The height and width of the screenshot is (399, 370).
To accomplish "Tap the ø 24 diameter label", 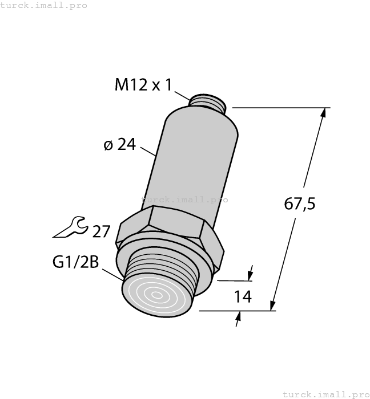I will click(119, 145).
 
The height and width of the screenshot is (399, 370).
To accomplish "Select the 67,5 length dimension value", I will click(300, 203).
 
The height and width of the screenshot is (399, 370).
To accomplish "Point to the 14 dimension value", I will click(243, 297).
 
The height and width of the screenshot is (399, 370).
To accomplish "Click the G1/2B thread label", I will click(75, 263).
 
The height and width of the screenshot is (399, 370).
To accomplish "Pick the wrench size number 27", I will click(101, 231).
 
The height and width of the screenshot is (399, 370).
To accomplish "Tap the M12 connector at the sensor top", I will click(208, 103).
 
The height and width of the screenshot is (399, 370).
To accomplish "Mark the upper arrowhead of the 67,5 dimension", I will click(324, 113).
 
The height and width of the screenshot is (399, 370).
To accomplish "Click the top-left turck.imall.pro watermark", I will click(44, 5).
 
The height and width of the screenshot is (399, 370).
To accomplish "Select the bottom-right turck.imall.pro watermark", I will click(326, 394).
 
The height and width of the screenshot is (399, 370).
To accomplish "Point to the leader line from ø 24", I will click(148, 151).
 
